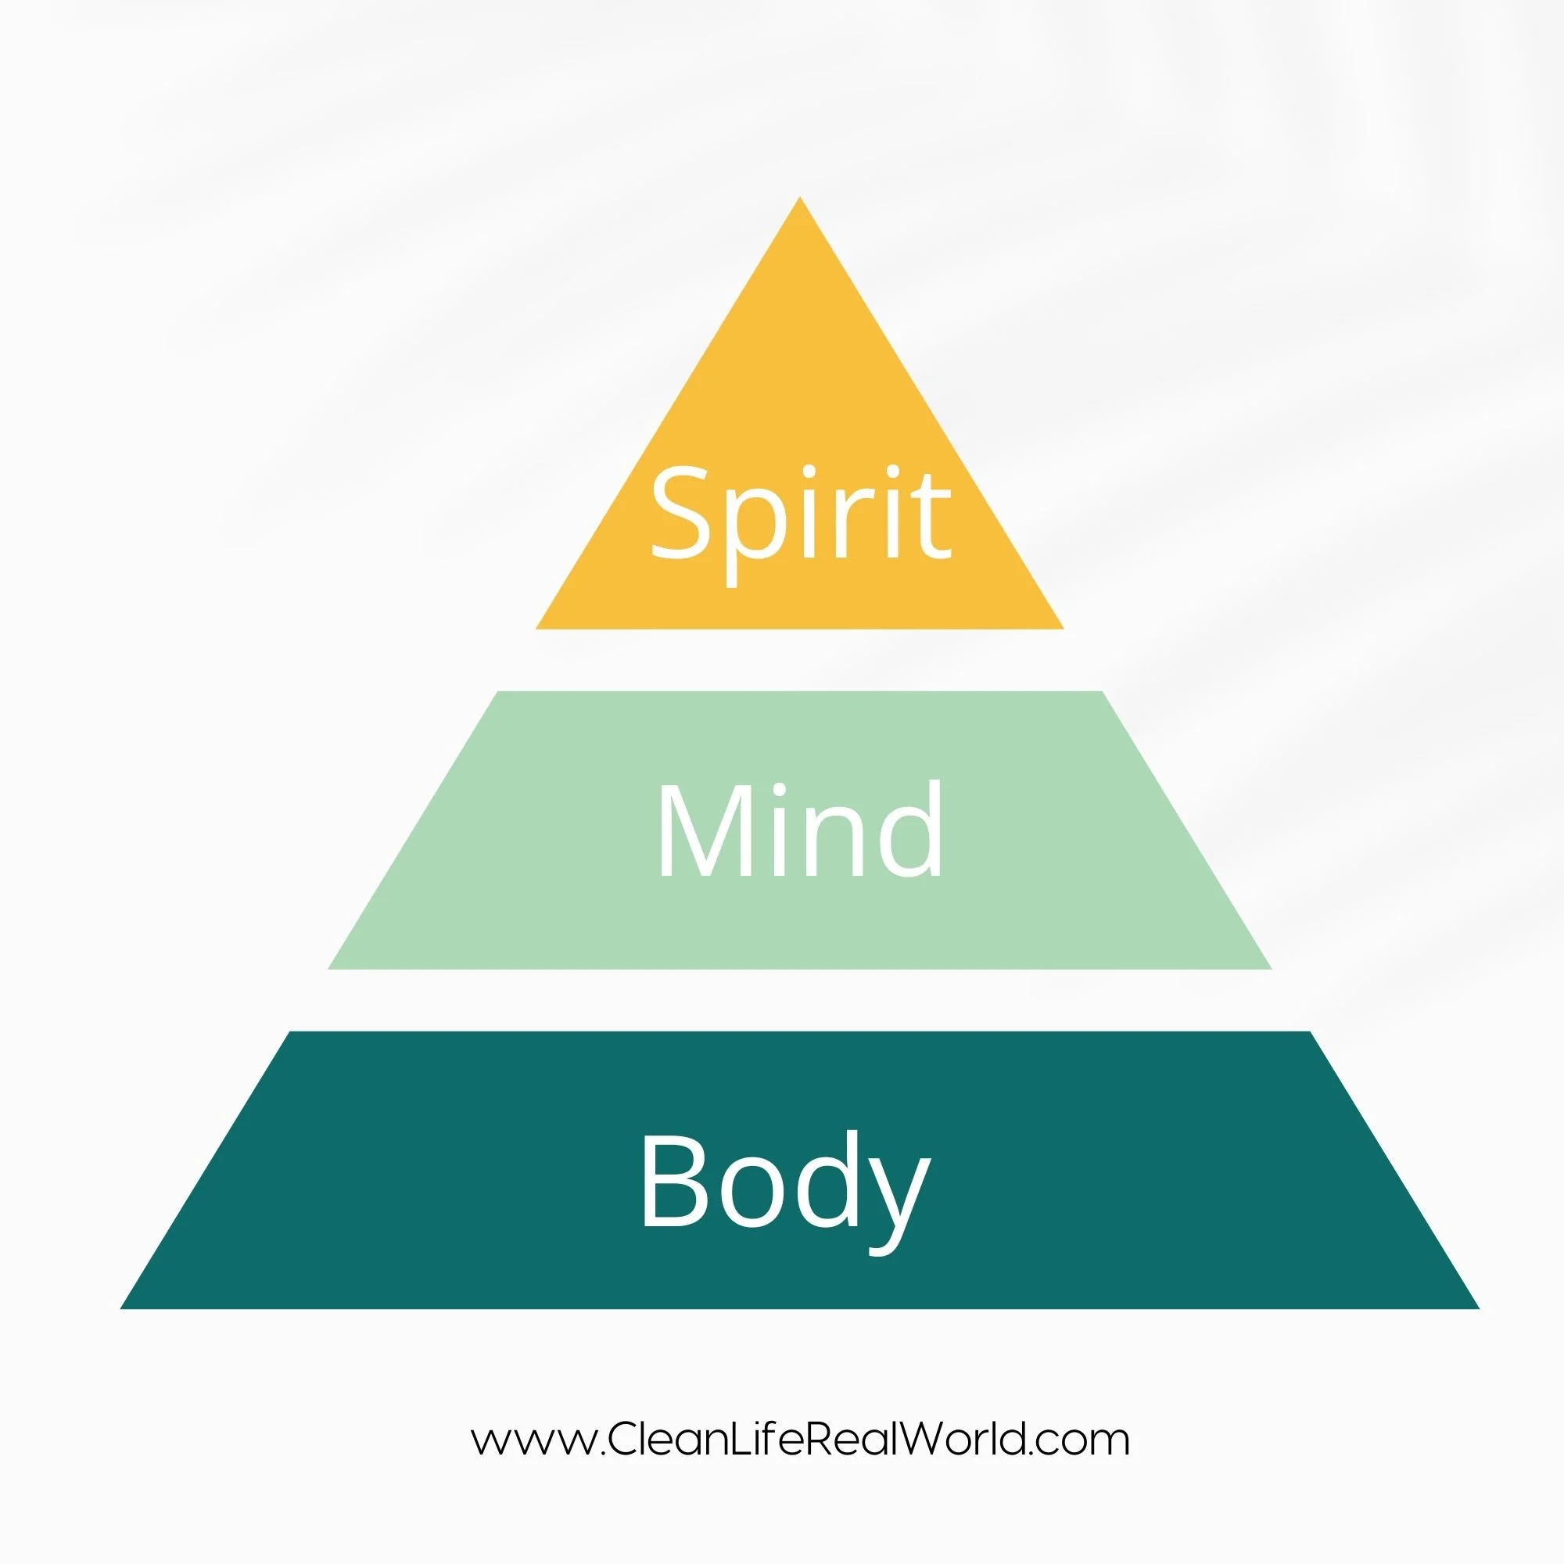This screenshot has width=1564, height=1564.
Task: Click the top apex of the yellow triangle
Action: pyautogui.click(x=800, y=199)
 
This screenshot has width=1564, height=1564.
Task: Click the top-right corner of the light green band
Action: pyautogui.click(x=1101, y=693)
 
